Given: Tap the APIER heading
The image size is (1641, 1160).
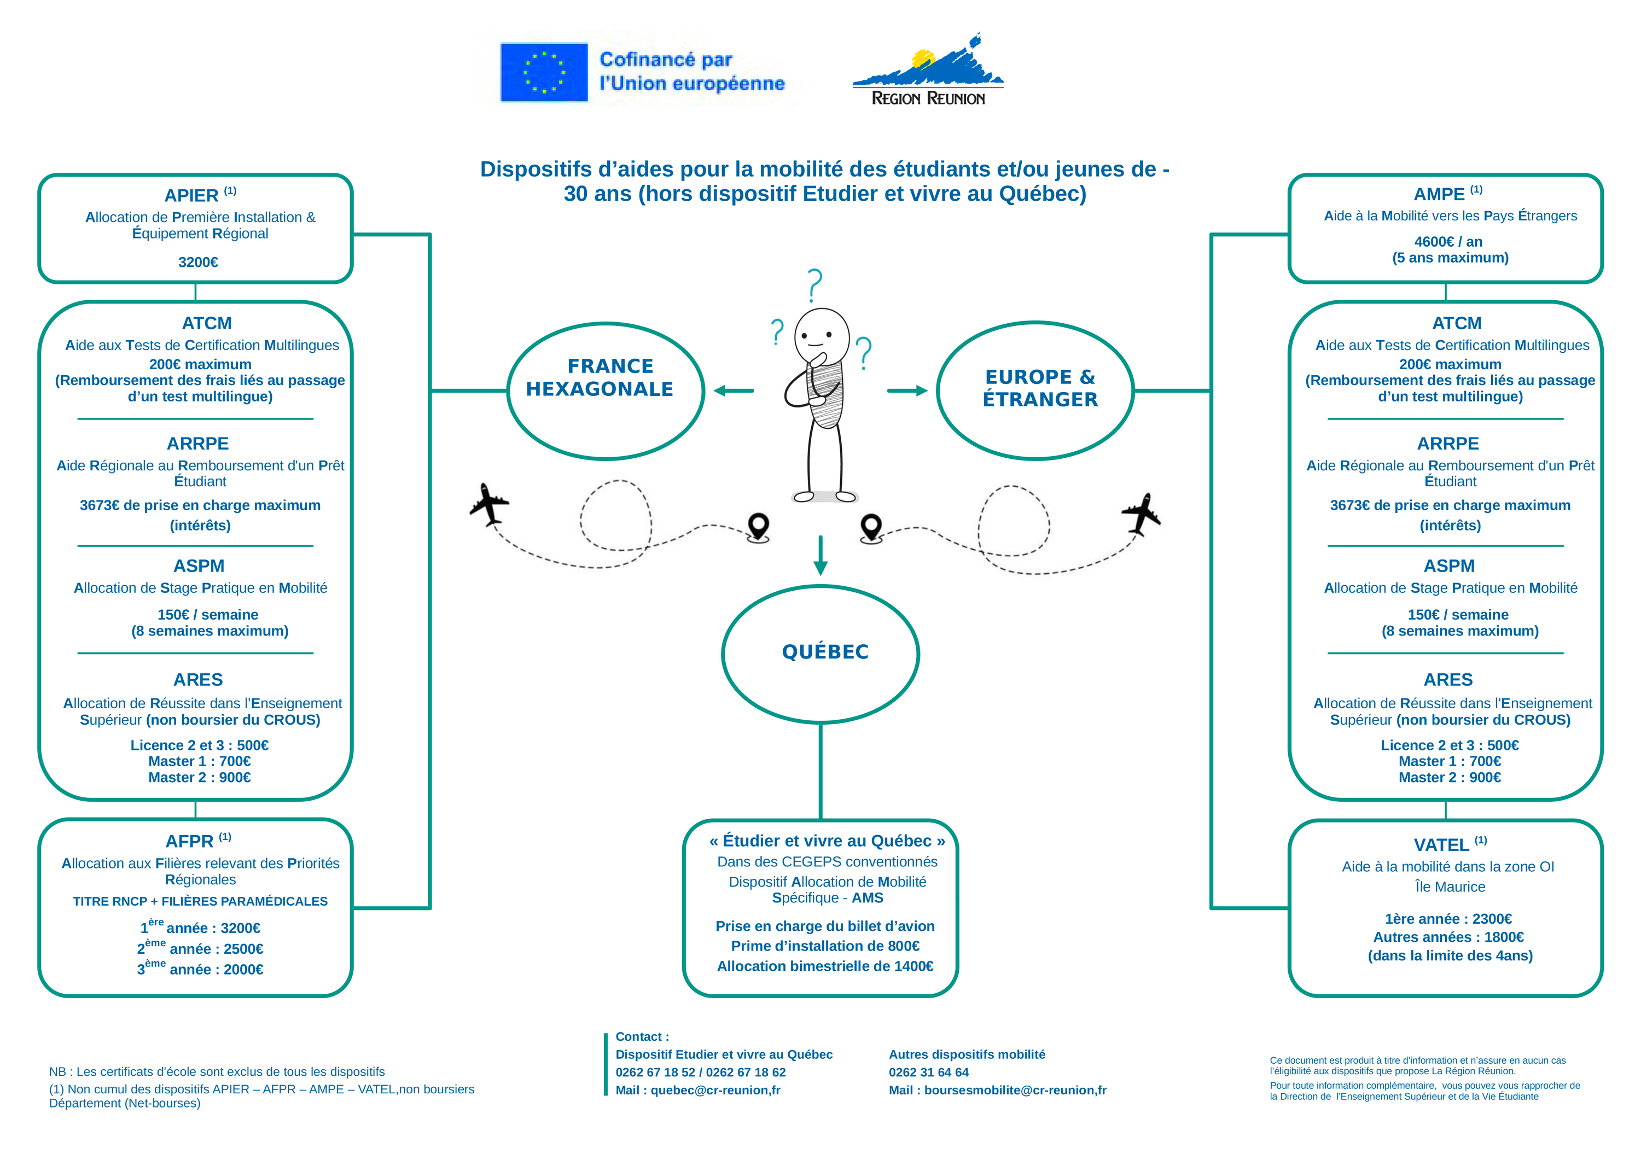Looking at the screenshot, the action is click(191, 195).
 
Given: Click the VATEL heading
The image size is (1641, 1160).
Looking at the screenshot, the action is click(1441, 845).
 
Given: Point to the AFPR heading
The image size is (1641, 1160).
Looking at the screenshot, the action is click(189, 841).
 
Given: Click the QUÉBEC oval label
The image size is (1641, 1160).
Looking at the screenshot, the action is click(825, 652).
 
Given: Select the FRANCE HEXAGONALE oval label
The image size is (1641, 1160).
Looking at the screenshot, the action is click(600, 377).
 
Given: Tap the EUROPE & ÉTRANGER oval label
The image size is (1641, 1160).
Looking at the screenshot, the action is click(1040, 388).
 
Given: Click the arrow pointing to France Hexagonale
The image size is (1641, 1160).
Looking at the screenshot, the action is click(734, 390).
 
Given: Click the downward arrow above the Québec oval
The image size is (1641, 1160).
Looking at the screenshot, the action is click(821, 555).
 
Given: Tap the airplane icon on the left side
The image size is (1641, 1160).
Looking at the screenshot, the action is click(490, 504).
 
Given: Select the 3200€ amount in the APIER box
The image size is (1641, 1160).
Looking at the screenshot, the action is click(198, 263).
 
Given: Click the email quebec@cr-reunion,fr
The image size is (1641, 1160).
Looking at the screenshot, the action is click(715, 1090).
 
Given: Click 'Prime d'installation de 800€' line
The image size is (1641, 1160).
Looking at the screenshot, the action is click(825, 946).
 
